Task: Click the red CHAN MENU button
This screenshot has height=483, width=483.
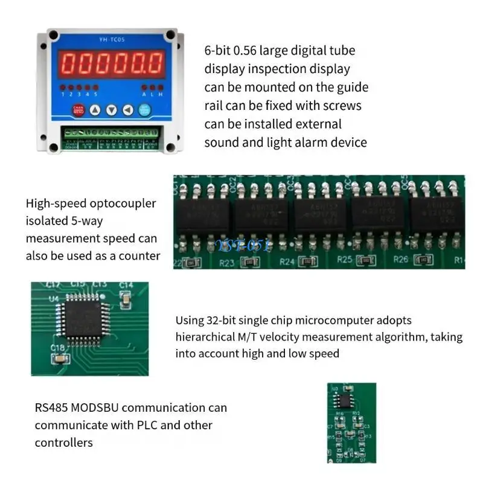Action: tap(78, 110)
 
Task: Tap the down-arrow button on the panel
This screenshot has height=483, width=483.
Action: tap(112, 110)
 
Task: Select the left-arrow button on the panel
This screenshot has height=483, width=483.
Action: tap(127, 110)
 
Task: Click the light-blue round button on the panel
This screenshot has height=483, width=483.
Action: tap(145, 110)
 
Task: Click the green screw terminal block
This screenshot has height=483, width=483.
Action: tap(112, 132)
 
